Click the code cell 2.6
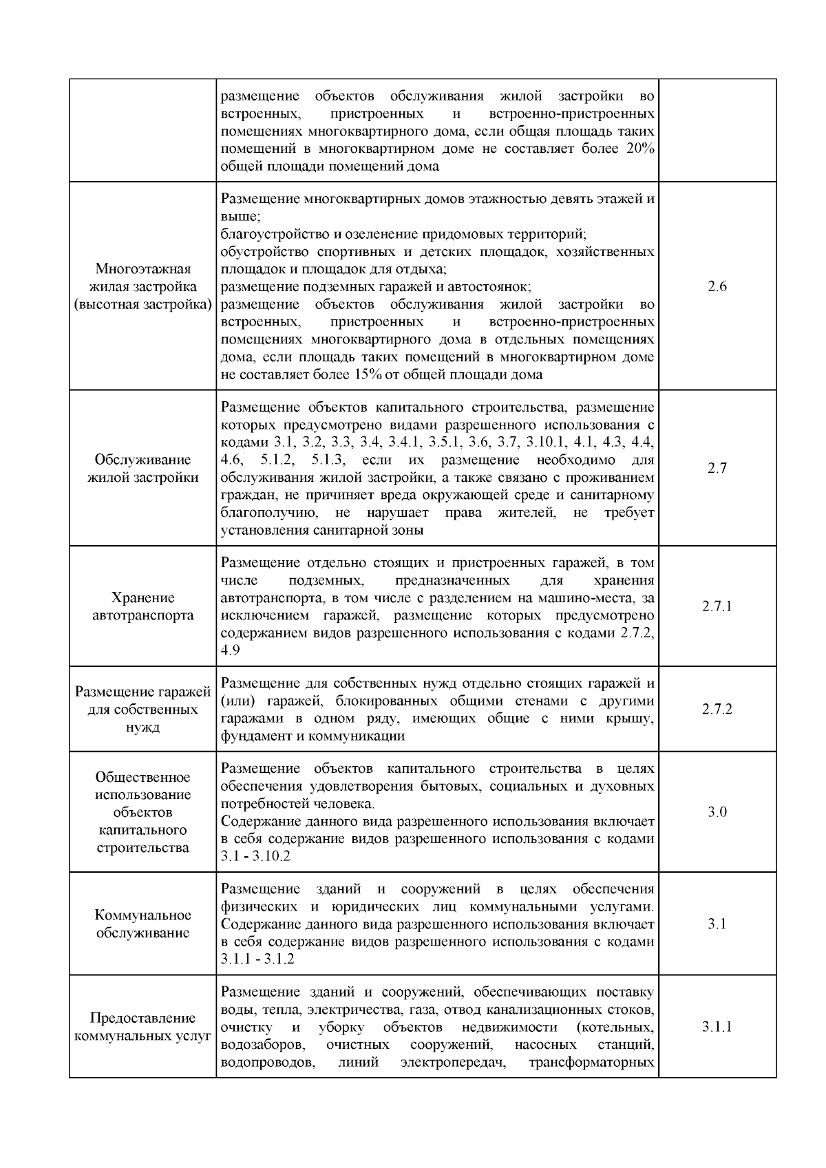[717, 287]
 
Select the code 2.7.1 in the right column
[717, 606]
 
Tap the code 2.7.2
[717, 709]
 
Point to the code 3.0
[717, 812]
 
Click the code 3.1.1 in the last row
[717, 1028]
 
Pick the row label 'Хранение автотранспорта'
[143, 606]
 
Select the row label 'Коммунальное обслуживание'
[143, 924]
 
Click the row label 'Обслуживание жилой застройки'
[143, 469]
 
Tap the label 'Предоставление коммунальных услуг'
[143, 1027]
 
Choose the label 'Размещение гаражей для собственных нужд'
[143, 709]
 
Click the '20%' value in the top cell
[640, 149]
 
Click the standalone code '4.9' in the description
[231, 650]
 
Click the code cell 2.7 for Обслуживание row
[717, 469]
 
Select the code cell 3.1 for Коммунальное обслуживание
[717, 924]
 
